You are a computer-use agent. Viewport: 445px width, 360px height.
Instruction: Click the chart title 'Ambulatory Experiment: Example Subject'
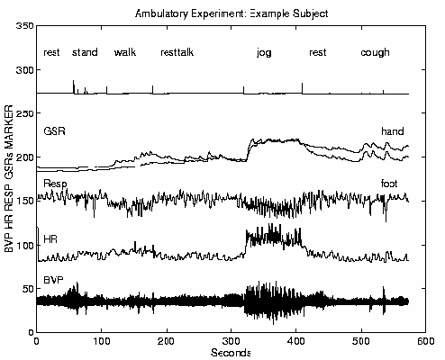(x=232, y=13)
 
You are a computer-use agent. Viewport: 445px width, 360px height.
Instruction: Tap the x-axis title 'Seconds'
(x=232, y=352)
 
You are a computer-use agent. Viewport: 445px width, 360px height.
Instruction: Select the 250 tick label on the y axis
(x=24, y=114)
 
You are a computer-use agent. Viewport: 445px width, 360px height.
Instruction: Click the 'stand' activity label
(x=86, y=53)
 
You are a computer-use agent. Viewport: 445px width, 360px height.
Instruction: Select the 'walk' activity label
(x=125, y=53)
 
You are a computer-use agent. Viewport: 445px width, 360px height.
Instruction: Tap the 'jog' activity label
(x=264, y=53)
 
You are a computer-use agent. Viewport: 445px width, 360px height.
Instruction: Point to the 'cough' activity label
(x=375, y=53)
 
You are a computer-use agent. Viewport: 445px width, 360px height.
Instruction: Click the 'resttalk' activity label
(x=177, y=53)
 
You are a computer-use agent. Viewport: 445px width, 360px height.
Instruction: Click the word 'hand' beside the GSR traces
(x=392, y=131)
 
